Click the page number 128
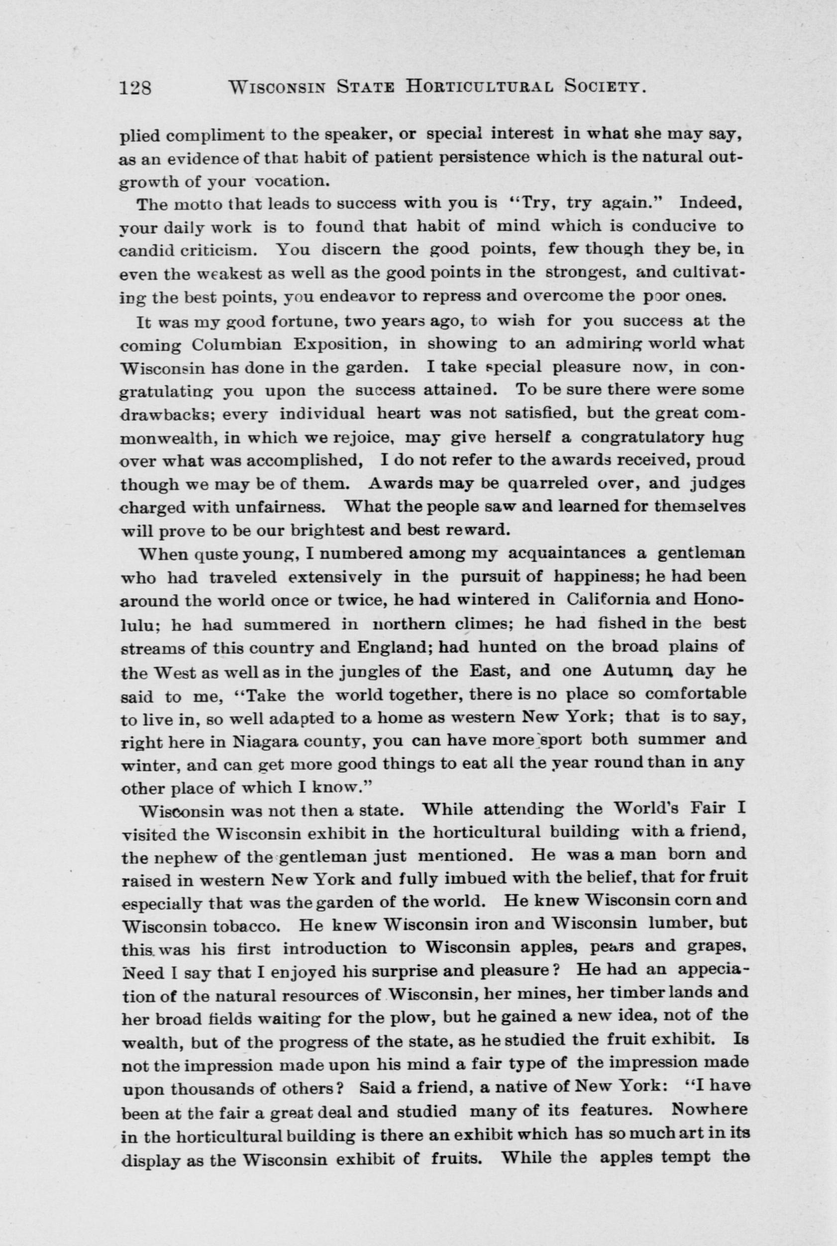[x=135, y=88]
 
